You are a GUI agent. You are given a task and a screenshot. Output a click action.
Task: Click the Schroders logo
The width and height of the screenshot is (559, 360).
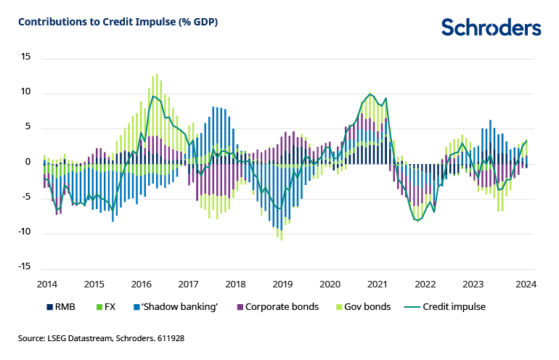click(x=491, y=28)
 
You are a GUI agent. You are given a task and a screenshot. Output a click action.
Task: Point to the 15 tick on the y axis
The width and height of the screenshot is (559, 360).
click(x=26, y=57)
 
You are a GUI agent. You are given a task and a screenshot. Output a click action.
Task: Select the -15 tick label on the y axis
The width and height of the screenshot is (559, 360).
click(x=24, y=268)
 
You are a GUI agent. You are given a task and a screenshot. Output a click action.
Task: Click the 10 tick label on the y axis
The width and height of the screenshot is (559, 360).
click(x=26, y=92)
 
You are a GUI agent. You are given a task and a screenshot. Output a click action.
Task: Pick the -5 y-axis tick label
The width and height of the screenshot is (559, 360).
click(x=26, y=197)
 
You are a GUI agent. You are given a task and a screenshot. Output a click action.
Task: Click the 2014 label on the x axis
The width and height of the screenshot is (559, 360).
click(x=47, y=285)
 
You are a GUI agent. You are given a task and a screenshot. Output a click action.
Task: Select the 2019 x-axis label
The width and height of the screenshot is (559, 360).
click(x=282, y=285)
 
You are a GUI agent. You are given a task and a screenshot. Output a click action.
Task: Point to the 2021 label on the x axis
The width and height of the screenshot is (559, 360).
click(x=378, y=285)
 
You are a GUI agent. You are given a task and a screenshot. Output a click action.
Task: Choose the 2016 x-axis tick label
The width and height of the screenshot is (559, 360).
click(x=141, y=285)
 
